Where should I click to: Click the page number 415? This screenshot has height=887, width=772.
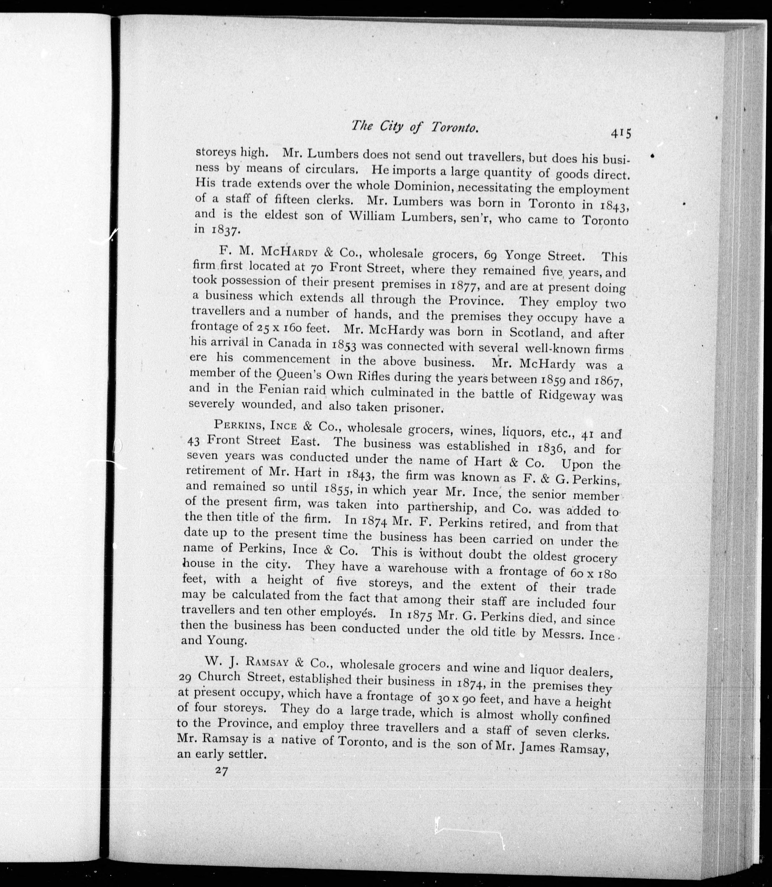(620, 133)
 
